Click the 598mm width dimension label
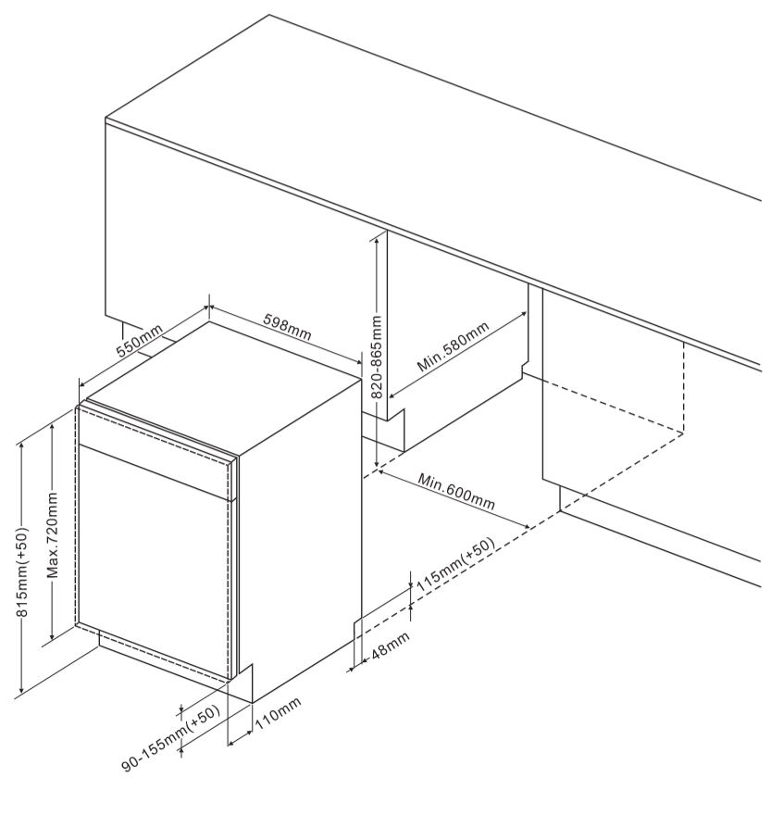pyautogui.click(x=287, y=327)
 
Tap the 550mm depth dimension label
pyautogui.click(x=139, y=340)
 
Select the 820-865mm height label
pyautogui.click(x=378, y=357)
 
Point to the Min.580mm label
pyautogui.click(x=453, y=346)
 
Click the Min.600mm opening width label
pyautogui.click(x=457, y=492)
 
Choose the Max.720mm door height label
pyautogui.click(x=53, y=536)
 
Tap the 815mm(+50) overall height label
pyautogui.click(x=22, y=571)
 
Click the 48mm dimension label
pyautogui.click(x=391, y=645)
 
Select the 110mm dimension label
pyautogui.click(x=279, y=714)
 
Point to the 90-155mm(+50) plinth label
pyautogui.click(x=171, y=739)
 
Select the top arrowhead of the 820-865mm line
pyautogui.click(x=376, y=241)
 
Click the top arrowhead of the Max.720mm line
pyautogui.click(x=53, y=426)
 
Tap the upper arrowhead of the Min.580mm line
pyautogui.click(x=523, y=314)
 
